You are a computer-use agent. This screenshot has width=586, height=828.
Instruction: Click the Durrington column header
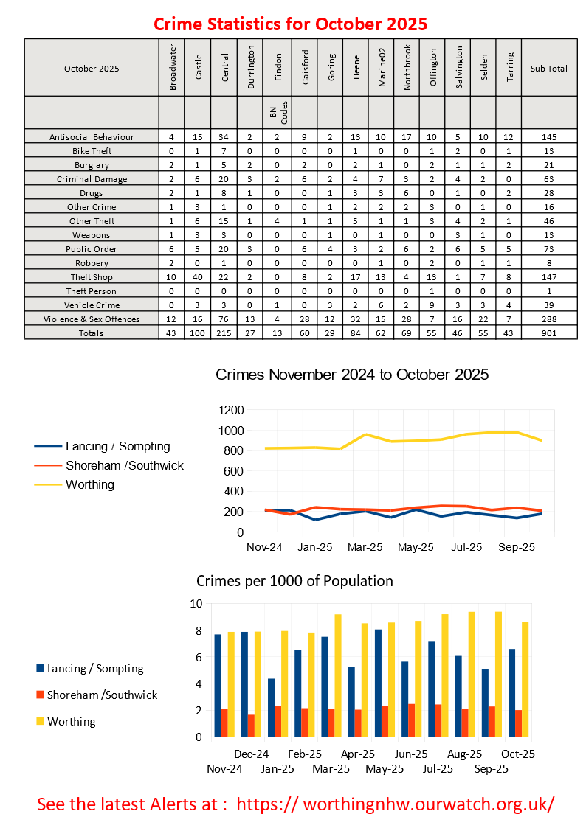(x=251, y=68)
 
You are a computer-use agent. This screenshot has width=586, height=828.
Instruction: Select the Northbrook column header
(x=407, y=68)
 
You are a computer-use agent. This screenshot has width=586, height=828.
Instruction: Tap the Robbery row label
(x=92, y=262)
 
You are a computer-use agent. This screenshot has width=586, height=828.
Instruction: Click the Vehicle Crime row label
(x=92, y=305)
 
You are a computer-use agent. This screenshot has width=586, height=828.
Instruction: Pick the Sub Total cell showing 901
(x=548, y=333)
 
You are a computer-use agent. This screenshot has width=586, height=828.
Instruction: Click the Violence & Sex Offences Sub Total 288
(x=548, y=319)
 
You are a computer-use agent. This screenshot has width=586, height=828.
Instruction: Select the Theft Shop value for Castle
(x=197, y=276)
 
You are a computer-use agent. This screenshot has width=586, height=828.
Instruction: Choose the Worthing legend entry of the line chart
(x=89, y=484)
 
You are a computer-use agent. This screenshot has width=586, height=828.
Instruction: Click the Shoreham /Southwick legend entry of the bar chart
(x=102, y=695)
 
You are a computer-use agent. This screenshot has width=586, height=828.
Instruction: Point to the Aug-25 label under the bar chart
(x=465, y=754)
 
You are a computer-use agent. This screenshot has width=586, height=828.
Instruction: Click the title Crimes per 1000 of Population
(x=294, y=581)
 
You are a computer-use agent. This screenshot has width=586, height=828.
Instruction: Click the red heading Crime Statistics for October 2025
(x=291, y=24)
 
